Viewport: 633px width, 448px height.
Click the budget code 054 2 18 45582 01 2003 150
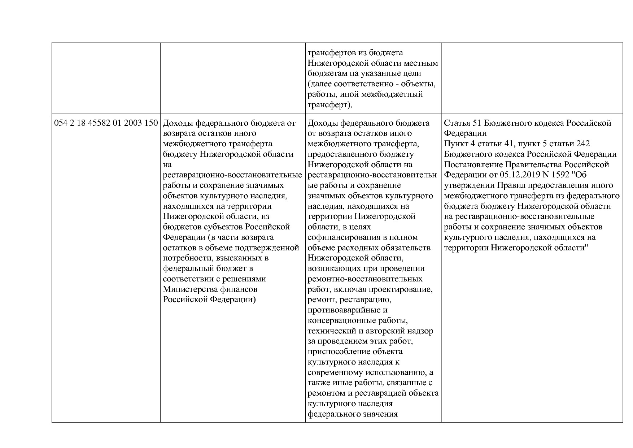tap(106, 123)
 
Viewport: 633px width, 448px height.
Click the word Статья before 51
tap(457, 123)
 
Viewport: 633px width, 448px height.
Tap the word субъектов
tap(221, 227)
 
